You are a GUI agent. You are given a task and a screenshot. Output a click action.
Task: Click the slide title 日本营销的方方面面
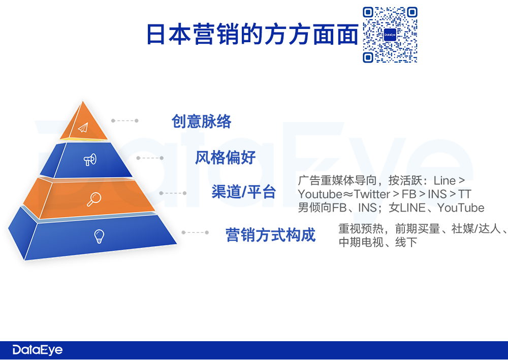(252, 34)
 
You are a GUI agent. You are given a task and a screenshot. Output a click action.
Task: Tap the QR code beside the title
(390, 35)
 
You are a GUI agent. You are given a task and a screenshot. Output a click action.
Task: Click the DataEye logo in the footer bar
(38, 350)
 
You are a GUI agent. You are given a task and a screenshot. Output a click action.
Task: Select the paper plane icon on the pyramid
(83, 128)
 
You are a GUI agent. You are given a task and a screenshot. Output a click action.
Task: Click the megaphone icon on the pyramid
(90, 160)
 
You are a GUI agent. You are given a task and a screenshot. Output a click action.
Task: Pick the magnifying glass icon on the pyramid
(94, 199)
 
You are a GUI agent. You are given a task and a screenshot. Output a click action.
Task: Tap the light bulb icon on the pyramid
(99, 236)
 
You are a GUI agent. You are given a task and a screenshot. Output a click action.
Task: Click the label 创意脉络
(201, 122)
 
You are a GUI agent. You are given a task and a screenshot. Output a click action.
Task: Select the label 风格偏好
(225, 158)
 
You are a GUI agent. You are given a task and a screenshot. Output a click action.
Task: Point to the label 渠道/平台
(244, 192)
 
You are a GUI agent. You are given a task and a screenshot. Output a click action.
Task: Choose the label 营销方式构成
(271, 235)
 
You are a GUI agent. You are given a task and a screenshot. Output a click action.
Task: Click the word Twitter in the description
(372, 194)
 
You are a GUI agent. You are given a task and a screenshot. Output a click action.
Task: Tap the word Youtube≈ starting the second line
(325, 194)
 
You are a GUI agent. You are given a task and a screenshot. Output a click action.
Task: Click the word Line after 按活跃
(445, 181)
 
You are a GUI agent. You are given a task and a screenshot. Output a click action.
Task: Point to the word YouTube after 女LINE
(461, 207)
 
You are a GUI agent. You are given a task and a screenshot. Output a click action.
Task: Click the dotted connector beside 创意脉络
(125, 121)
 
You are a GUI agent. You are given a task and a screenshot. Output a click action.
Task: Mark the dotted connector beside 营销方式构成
(195, 232)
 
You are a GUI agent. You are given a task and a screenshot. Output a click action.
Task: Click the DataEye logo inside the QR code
(390, 35)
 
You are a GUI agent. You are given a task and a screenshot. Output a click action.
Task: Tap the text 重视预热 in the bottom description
(361, 229)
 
